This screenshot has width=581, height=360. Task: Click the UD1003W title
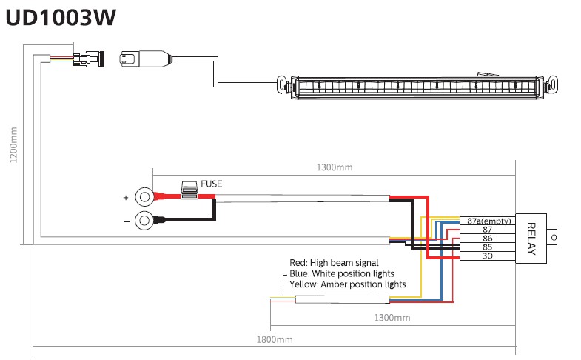(61, 19)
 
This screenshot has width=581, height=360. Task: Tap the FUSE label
(211, 183)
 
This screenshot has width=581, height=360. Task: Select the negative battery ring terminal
(145, 220)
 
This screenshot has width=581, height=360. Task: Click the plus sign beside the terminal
(125, 199)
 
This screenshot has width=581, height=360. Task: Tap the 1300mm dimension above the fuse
(334, 167)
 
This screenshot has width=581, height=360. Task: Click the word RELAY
(531, 238)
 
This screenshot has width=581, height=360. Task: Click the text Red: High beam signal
(334, 263)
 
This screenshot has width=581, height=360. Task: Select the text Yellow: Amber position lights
(347, 284)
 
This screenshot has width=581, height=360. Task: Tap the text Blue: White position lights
(341, 273)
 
